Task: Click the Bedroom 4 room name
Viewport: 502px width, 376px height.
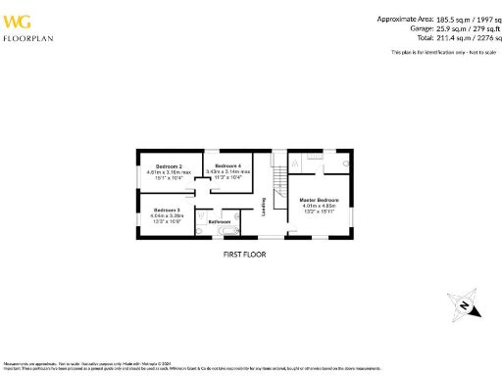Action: [x=227, y=164]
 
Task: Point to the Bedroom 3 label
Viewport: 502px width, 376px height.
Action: [x=165, y=210]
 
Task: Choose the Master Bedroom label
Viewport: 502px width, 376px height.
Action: [x=320, y=200]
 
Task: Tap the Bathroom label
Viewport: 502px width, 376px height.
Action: [x=220, y=222]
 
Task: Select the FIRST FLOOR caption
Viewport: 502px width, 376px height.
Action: [x=244, y=255]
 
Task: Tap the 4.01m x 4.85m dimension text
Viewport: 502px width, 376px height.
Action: [x=320, y=206]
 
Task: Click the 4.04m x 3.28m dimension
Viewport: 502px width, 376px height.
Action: [x=165, y=215]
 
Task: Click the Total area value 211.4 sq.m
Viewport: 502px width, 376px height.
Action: [x=441, y=37]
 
